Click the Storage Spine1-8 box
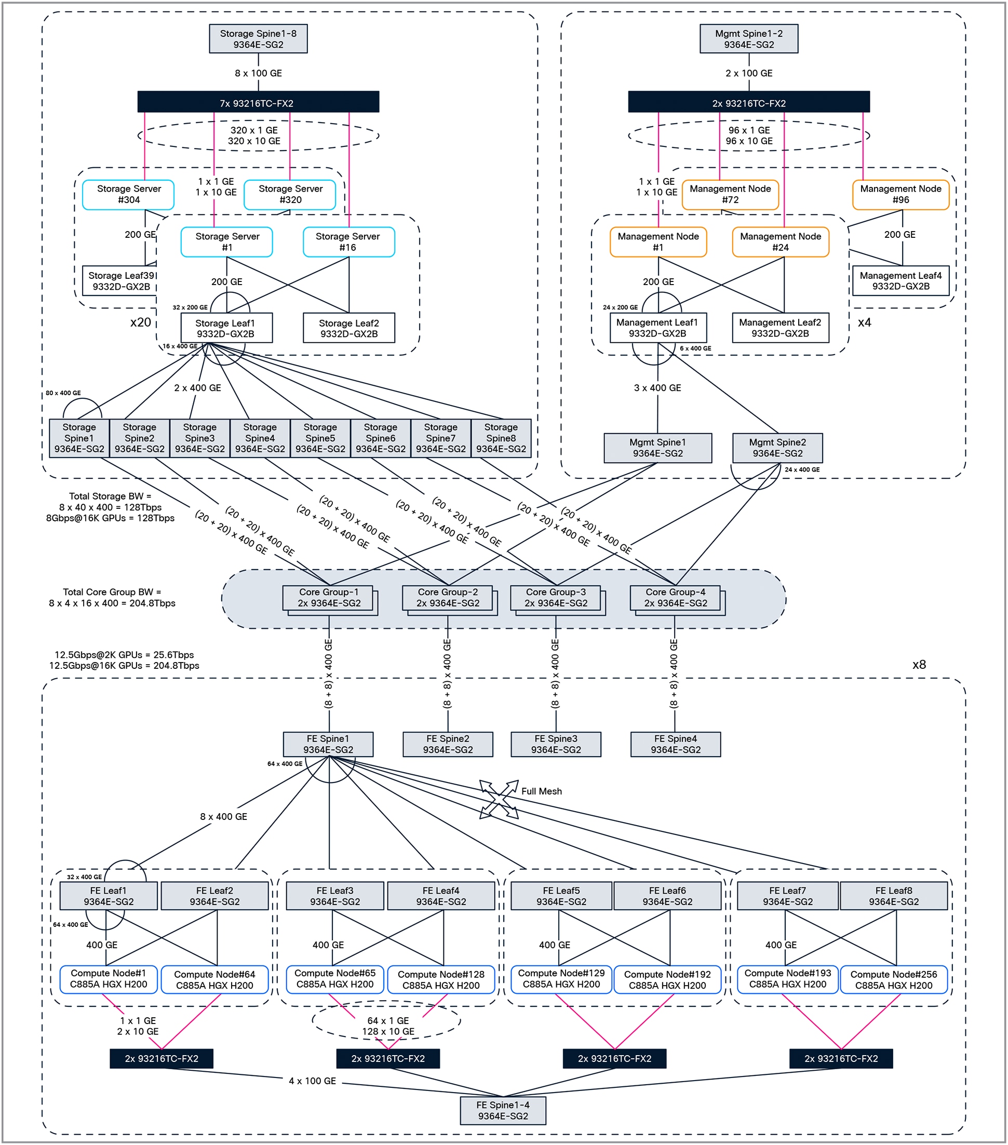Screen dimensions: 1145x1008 [258, 38]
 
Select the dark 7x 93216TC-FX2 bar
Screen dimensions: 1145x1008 [258, 102]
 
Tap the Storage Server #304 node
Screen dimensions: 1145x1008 [128, 194]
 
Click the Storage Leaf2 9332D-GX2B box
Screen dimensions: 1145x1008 [348, 328]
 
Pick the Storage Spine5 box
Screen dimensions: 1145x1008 [320, 438]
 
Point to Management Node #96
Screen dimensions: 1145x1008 [901, 194]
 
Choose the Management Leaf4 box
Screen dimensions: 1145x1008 [901, 280]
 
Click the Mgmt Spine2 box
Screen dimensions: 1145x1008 [777, 448]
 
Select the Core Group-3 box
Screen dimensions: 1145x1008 [555, 598]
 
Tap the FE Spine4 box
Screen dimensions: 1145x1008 [675, 744]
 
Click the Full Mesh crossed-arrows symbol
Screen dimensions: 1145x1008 [499, 799]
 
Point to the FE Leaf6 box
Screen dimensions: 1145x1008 [667, 896]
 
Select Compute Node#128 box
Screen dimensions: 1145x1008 [440, 980]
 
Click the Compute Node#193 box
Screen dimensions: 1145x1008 [787, 979]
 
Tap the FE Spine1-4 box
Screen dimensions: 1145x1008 [503, 1110]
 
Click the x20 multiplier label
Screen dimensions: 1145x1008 [140, 322]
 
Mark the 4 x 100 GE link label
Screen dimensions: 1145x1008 [312, 1081]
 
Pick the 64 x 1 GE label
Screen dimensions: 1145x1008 [388, 1021]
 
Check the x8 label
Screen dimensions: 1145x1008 [919, 664]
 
